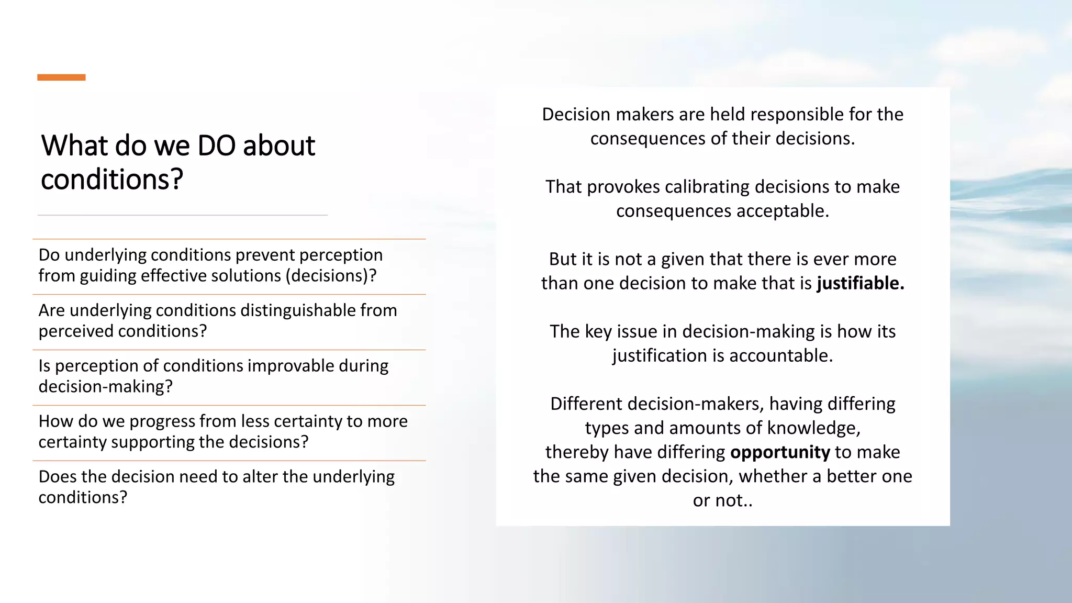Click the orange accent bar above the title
point(61,77)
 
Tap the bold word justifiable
point(860,283)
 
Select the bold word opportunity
point(780,452)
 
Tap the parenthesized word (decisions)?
point(331,276)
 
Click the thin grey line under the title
point(183,215)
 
